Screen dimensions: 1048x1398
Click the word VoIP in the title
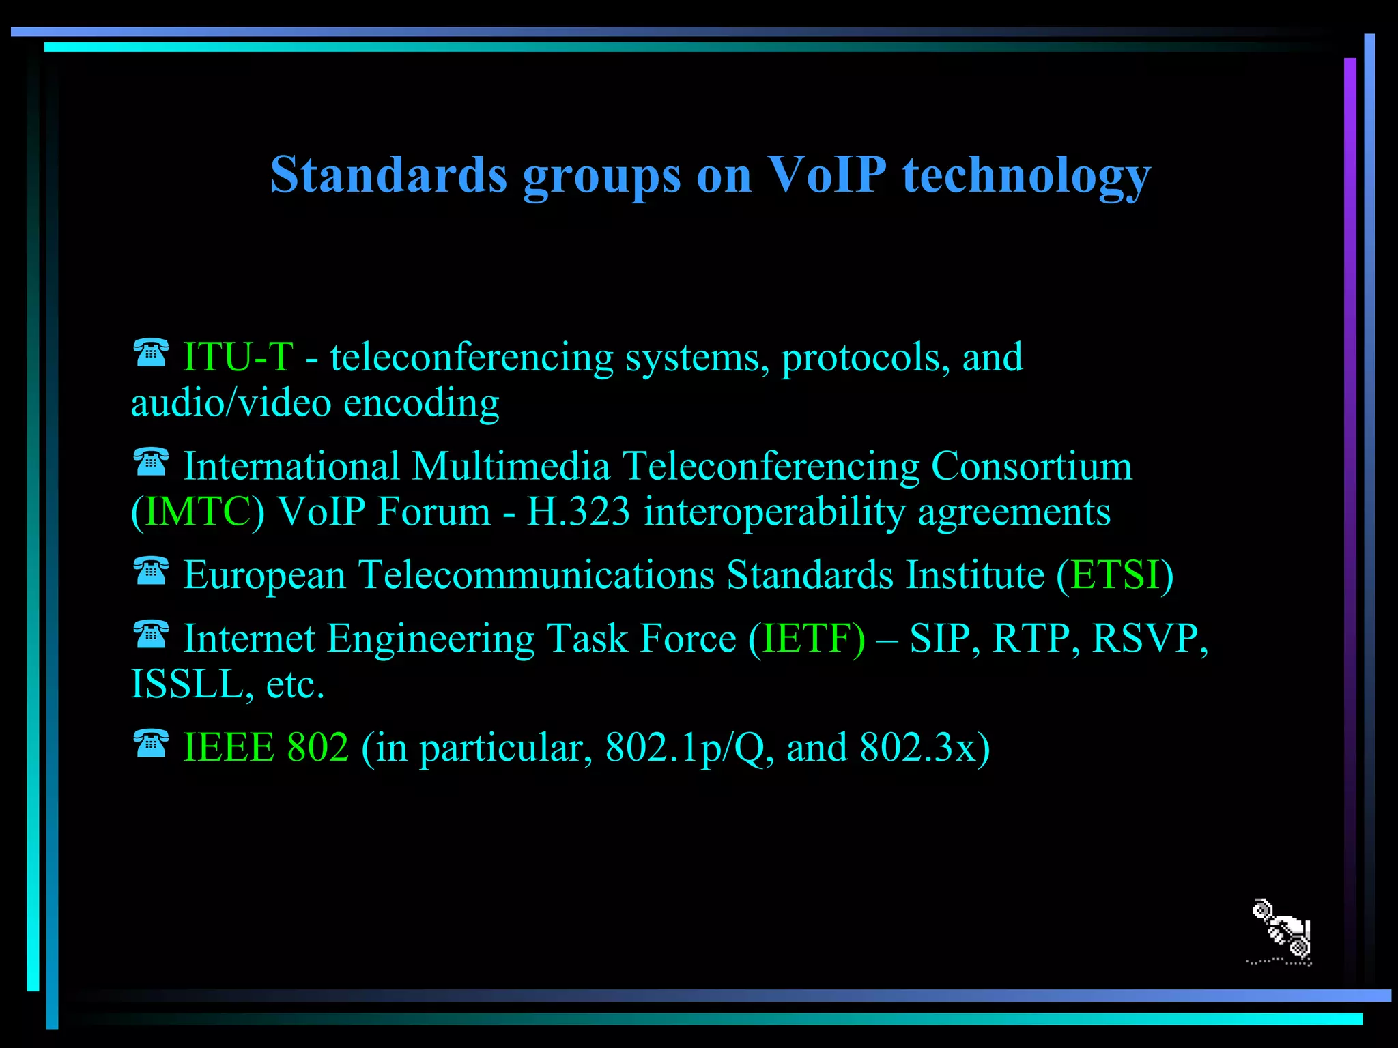[x=827, y=175]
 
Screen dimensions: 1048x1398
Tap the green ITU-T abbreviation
[x=238, y=357]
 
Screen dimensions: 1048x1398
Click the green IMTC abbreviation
[x=198, y=512]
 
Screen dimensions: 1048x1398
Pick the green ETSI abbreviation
[x=1115, y=574]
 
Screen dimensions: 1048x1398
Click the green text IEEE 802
[x=266, y=747]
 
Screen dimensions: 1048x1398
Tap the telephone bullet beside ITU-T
[x=151, y=353]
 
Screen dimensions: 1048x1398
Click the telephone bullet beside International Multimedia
[x=151, y=462]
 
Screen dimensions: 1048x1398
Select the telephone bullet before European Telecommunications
[x=151, y=571]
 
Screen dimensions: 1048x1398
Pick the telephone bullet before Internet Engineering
[x=151, y=635]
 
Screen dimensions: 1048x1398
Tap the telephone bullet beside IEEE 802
[x=151, y=744]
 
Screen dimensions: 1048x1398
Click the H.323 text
[x=578, y=512]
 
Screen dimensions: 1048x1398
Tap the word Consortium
[x=1031, y=467]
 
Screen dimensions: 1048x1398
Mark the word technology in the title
[x=1027, y=176]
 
